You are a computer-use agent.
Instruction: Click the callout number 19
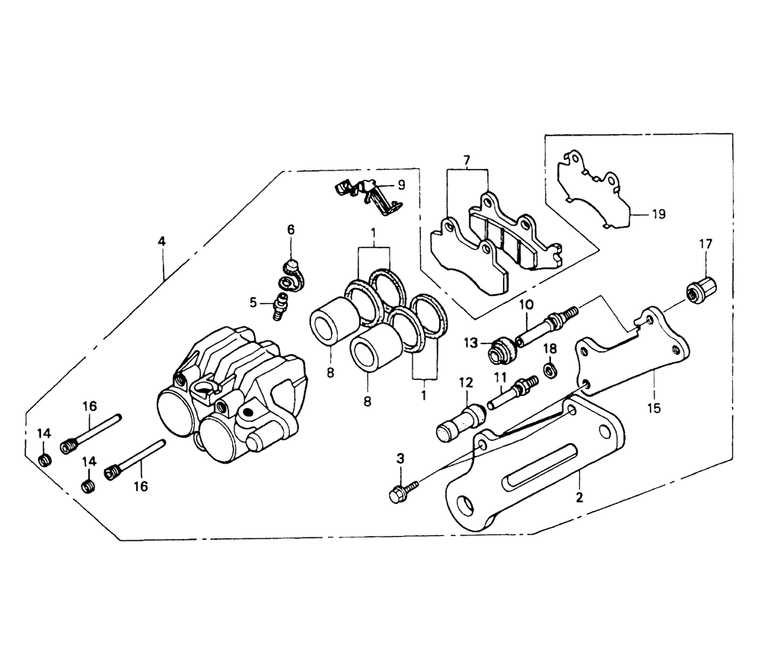[658, 214]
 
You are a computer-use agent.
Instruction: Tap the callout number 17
[705, 244]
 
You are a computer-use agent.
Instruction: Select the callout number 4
[161, 241]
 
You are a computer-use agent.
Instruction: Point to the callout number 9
[401, 184]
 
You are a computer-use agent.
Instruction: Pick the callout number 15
[654, 408]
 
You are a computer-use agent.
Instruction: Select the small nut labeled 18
[550, 370]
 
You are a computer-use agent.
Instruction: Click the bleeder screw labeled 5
[279, 306]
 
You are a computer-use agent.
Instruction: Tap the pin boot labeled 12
[462, 422]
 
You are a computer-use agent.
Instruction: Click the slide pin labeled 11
[512, 393]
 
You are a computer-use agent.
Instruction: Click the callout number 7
[466, 160]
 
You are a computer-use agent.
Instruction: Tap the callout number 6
[291, 230]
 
